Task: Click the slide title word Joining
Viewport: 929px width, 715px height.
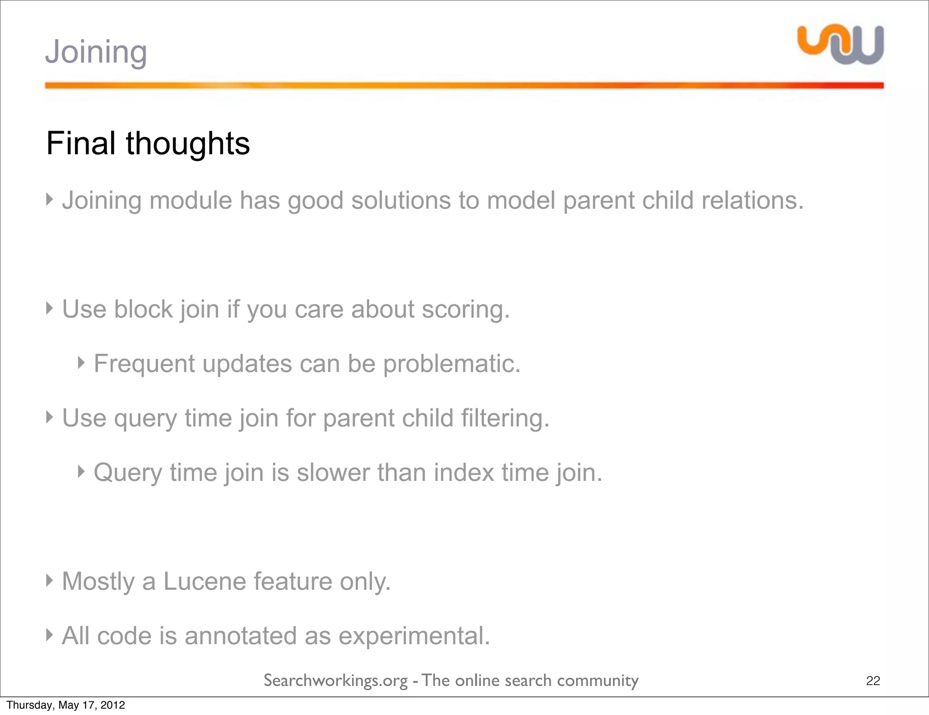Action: pos(96,53)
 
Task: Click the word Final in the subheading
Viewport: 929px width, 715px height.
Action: pos(81,143)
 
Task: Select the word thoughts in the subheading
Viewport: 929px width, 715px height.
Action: pos(188,143)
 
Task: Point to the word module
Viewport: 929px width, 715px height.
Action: pos(191,201)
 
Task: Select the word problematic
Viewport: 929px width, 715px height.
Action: pos(452,364)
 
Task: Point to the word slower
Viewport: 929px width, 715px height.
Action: pos(333,473)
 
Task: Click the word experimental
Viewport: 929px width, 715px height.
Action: pos(414,636)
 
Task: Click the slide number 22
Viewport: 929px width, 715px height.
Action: pos(873,681)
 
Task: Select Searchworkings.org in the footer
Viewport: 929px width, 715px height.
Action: pos(336,681)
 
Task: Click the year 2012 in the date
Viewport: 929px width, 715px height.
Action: pos(113,705)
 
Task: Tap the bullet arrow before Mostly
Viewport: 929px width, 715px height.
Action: pos(50,580)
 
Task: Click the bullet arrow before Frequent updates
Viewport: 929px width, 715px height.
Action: pos(81,362)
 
